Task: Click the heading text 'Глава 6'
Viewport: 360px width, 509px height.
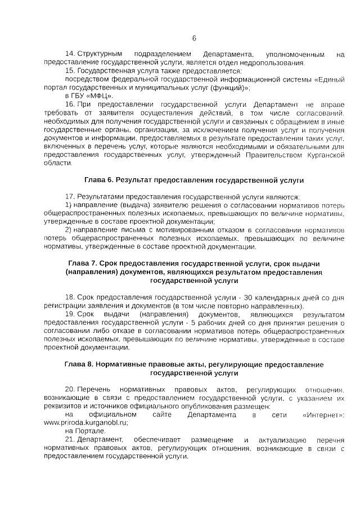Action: point(98,181)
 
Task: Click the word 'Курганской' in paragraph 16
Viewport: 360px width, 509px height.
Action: point(320,155)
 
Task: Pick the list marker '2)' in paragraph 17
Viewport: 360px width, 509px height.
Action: point(68,231)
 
